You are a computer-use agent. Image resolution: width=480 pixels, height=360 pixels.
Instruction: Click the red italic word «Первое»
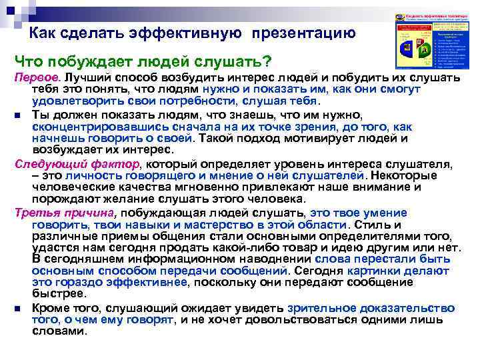click(x=35, y=79)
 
